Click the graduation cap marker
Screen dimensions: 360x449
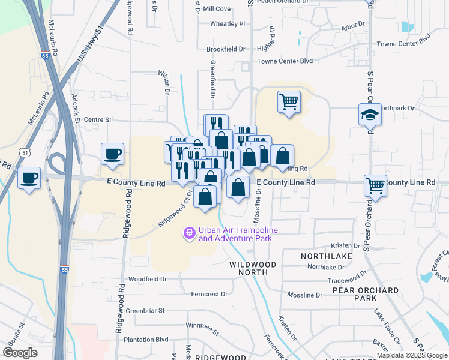pos(370,114)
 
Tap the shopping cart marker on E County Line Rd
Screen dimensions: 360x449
pos(376,185)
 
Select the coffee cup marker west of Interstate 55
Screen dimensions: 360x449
pos(29,178)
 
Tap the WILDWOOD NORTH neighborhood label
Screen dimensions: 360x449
pos(253,268)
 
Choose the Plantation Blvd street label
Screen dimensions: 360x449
pos(146,339)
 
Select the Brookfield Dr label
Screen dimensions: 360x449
pos(226,49)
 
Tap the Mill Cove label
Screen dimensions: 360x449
pos(217,9)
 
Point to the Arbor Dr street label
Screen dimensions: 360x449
pos(352,26)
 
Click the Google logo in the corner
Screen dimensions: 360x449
pos(20,352)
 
